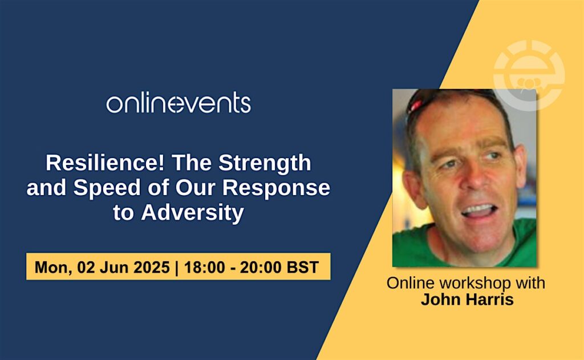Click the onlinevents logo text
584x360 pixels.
click(179, 103)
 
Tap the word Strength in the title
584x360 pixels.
click(265, 163)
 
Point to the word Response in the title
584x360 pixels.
click(276, 188)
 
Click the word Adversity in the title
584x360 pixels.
click(192, 213)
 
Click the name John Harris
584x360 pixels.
click(467, 300)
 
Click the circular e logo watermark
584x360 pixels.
click(529, 75)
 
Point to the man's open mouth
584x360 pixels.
click(479, 211)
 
